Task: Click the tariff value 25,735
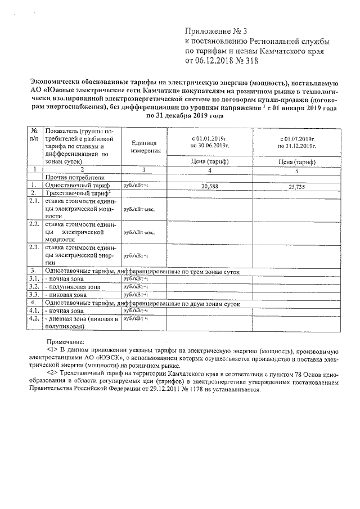pos(292,187)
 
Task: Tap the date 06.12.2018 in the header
pos(214,62)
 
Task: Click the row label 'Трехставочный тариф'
pos(69,192)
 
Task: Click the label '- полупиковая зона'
pos(73,286)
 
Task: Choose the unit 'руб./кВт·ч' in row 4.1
pos(135,310)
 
